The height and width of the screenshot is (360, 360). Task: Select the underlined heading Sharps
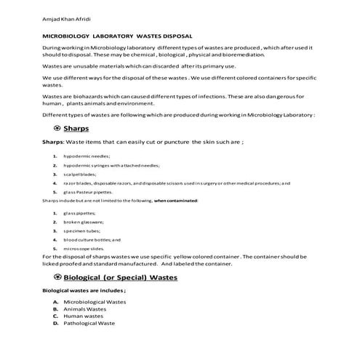pyautogui.click(x=76, y=129)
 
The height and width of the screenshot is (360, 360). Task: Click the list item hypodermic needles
pyautogui.click(x=87, y=156)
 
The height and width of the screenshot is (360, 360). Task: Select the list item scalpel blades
pyautogui.click(x=79, y=175)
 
